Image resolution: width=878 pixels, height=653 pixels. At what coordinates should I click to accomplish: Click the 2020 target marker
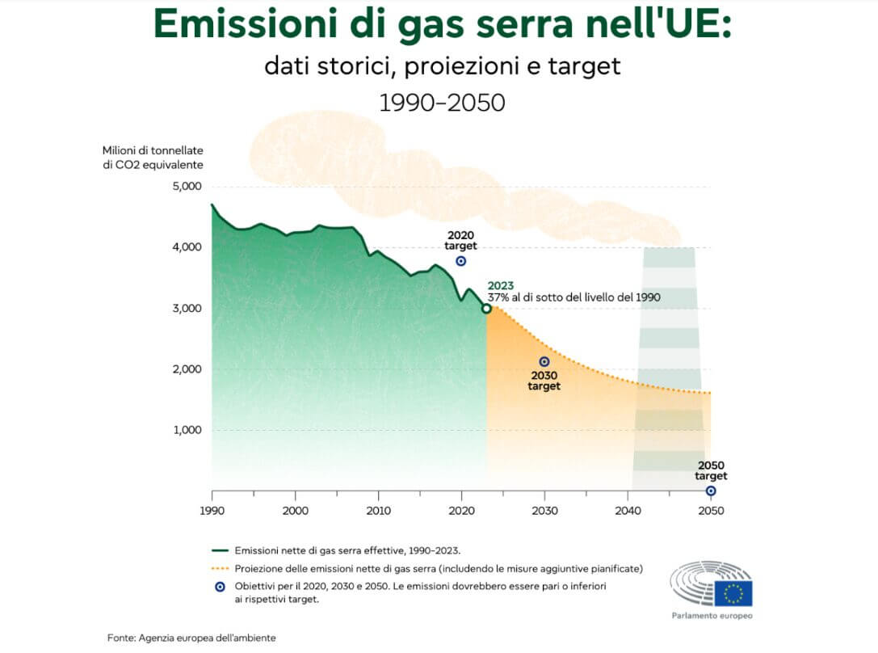(461, 261)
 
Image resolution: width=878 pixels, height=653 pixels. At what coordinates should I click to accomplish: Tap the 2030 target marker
(544, 362)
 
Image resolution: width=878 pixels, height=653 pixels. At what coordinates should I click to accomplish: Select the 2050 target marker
(711, 491)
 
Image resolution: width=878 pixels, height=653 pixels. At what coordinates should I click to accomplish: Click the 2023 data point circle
(486, 308)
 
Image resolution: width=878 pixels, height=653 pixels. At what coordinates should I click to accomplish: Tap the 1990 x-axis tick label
(212, 511)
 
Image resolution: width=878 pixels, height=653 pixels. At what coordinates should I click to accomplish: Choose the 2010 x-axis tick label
(378, 511)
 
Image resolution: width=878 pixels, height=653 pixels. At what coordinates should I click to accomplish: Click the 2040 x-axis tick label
(628, 511)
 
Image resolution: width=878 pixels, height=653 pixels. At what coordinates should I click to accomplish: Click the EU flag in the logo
(733, 593)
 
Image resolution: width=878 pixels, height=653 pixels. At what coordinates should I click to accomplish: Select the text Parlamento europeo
(712, 616)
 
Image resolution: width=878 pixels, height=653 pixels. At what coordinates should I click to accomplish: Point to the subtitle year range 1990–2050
(442, 103)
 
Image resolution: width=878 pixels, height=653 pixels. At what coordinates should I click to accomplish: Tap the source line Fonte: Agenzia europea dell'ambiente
(191, 638)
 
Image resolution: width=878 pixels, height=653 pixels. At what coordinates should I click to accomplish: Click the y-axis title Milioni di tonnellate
(153, 150)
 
